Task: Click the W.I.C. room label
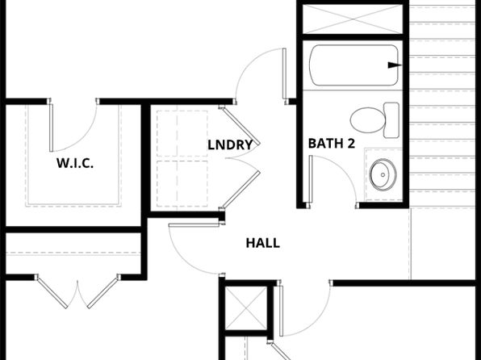coord(75,163)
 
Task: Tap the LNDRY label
coord(230,144)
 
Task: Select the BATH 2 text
coord(332,144)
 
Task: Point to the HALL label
coord(263,243)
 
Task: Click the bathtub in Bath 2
coord(353,65)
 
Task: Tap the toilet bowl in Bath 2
coord(367,120)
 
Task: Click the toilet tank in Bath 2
coord(391,120)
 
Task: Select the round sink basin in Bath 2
coord(383,174)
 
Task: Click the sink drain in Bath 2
coord(383,175)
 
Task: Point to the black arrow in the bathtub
coord(395,65)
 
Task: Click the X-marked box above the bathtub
coord(353,19)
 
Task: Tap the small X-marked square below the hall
coord(246,308)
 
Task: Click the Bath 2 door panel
coord(311,179)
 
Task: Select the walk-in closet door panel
coord(51,128)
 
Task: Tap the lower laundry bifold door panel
coord(241,190)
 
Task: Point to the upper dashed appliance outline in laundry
coord(182,133)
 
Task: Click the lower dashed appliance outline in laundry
coord(182,183)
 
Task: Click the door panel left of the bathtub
coord(284,73)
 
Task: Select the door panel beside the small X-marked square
coord(281,311)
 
